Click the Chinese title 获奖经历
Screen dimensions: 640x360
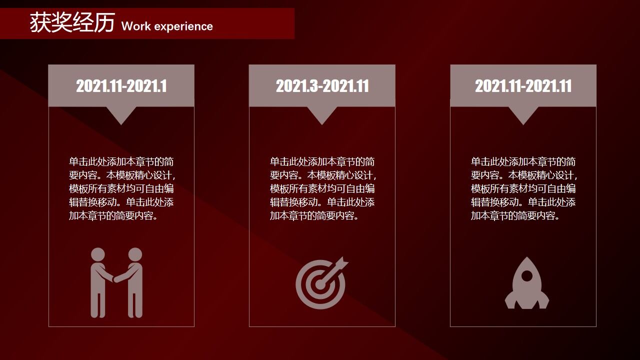(x=72, y=22)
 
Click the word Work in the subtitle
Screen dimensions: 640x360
(x=136, y=26)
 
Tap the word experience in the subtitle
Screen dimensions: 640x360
(x=183, y=27)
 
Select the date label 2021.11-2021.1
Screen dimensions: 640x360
(x=121, y=86)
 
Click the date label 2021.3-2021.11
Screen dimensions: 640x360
(x=322, y=86)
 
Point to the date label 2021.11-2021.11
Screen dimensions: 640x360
(x=523, y=86)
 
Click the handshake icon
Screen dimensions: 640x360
(x=116, y=282)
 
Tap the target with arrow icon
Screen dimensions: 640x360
(x=321, y=283)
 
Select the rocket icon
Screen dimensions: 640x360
(x=527, y=283)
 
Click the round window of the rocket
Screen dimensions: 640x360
(x=527, y=276)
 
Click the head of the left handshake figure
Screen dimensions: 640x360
(x=98, y=254)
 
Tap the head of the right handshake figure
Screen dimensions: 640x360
(x=135, y=254)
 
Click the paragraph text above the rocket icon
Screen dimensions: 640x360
(x=523, y=188)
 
